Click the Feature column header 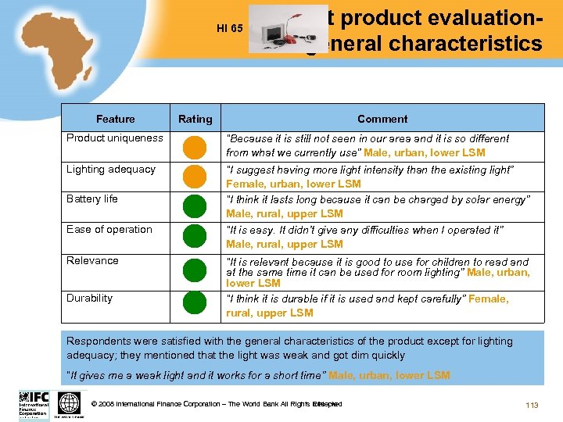[x=115, y=119]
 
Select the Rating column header [x=195, y=119]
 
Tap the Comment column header [x=382, y=119]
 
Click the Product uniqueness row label [x=115, y=138]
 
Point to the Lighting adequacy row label [x=111, y=170]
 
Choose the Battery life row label [x=92, y=199]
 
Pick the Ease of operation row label [x=109, y=230]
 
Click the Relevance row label [x=93, y=260]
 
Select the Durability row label [x=90, y=298]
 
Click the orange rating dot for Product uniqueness [x=195, y=146]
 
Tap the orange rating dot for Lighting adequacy [x=195, y=177]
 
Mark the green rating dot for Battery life [x=195, y=206]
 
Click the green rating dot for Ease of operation [x=195, y=237]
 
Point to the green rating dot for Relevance [x=195, y=270]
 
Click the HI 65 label [x=230, y=29]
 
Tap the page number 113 [x=533, y=404]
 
